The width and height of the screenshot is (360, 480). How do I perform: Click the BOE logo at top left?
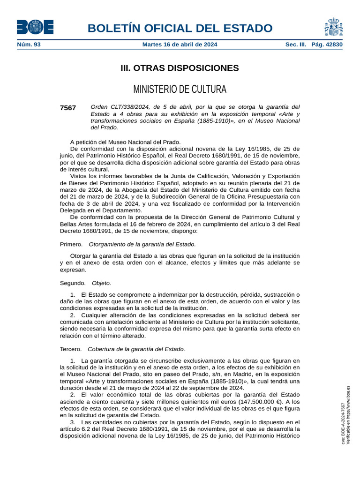click(35, 27)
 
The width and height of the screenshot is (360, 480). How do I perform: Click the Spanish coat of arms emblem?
click(333, 27)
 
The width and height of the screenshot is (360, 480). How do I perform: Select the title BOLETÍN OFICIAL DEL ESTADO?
click(180, 28)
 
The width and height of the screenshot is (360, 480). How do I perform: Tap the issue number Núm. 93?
click(29, 45)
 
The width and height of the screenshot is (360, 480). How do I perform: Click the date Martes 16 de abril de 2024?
click(180, 45)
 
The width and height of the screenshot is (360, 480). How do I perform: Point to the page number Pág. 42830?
click(327, 45)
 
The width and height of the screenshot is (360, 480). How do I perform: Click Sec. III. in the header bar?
click(296, 45)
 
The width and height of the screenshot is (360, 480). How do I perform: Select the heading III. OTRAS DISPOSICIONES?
click(180, 68)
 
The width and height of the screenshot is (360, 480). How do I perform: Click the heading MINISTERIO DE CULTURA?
click(180, 89)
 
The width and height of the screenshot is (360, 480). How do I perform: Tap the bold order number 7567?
click(68, 108)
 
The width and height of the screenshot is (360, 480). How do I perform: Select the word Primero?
click(71, 244)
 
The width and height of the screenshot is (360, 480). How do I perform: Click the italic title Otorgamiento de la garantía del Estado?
click(142, 244)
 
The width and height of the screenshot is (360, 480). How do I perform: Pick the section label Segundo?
click(73, 283)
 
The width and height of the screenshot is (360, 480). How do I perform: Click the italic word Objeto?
click(101, 283)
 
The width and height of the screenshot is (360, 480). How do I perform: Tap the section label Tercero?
click(71, 349)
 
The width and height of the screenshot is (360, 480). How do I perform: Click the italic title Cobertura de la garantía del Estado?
click(136, 349)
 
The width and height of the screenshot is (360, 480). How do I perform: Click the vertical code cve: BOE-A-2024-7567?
click(343, 424)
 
